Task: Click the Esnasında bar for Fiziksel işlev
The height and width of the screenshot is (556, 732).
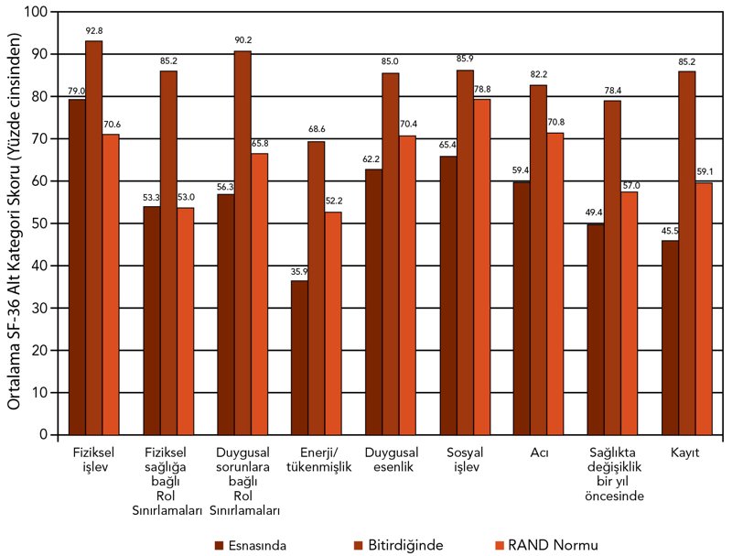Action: coord(77,267)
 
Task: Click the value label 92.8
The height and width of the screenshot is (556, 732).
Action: coord(93,31)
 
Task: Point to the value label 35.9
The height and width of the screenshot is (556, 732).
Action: coord(299,270)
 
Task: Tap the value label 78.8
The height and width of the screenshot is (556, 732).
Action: coord(481,89)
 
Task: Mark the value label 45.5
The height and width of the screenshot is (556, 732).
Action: coord(670,230)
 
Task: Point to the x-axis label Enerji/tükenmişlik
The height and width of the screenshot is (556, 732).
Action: coord(317,461)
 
